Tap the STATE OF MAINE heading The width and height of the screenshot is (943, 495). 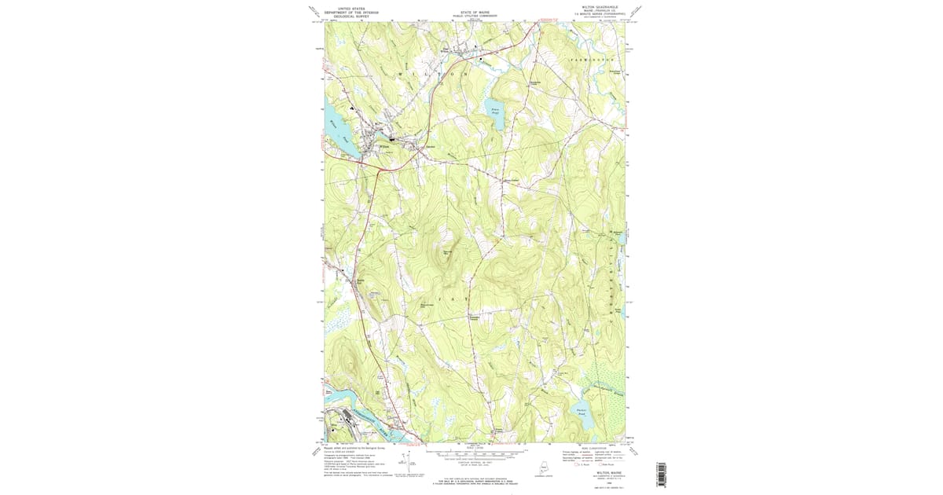click(x=475, y=12)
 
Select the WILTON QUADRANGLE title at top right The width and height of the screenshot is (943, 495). click(x=600, y=7)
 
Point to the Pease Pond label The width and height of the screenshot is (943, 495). click(x=494, y=112)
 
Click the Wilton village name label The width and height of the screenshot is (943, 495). click(x=385, y=145)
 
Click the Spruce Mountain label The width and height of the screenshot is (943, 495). click(x=449, y=252)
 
